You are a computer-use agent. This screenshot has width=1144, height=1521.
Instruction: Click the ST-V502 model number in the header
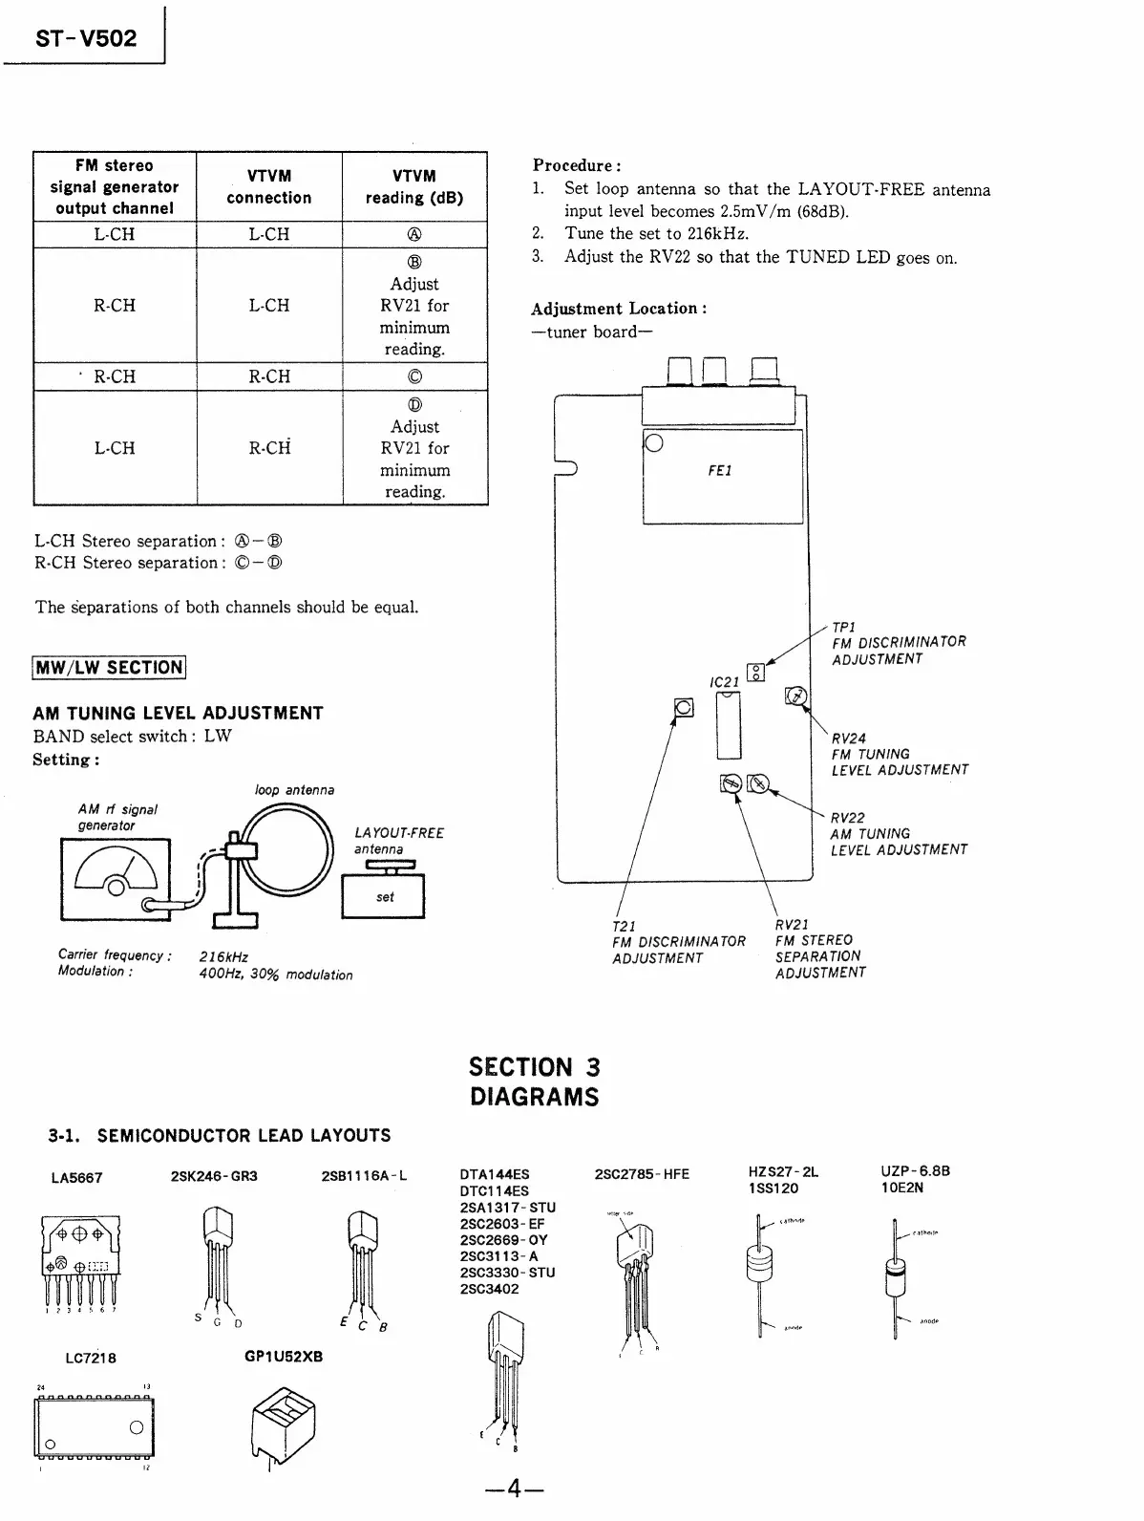pyautogui.click(x=86, y=38)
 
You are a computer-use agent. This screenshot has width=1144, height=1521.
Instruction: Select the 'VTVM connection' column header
pyautogui.click(x=268, y=187)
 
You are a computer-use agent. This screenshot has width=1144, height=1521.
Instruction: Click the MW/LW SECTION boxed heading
pyautogui.click(x=109, y=667)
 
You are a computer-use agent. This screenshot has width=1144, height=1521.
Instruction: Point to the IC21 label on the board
pyautogui.click(x=725, y=681)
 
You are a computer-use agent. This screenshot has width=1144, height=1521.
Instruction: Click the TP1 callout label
pyautogui.click(x=843, y=627)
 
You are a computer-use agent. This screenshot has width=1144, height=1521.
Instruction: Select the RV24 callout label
pyautogui.click(x=848, y=738)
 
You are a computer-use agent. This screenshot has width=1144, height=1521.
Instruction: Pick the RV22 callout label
pyautogui.click(x=848, y=817)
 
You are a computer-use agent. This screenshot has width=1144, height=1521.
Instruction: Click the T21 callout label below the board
pyautogui.click(x=624, y=926)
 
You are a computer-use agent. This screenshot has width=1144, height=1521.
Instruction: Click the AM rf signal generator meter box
pyautogui.click(x=116, y=878)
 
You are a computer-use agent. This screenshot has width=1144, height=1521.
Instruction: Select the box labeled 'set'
pyautogui.click(x=384, y=897)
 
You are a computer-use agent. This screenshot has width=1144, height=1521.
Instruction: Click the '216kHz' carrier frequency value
pyautogui.click(x=223, y=956)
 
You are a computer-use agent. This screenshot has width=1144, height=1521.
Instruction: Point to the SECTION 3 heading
pyautogui.click(x=534, y=1067)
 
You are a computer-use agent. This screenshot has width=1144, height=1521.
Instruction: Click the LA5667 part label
pyautogui.click(x=76, y=1178)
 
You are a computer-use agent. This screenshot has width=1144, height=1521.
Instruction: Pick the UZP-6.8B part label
pyautogui.click(x=915, y=1171)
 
